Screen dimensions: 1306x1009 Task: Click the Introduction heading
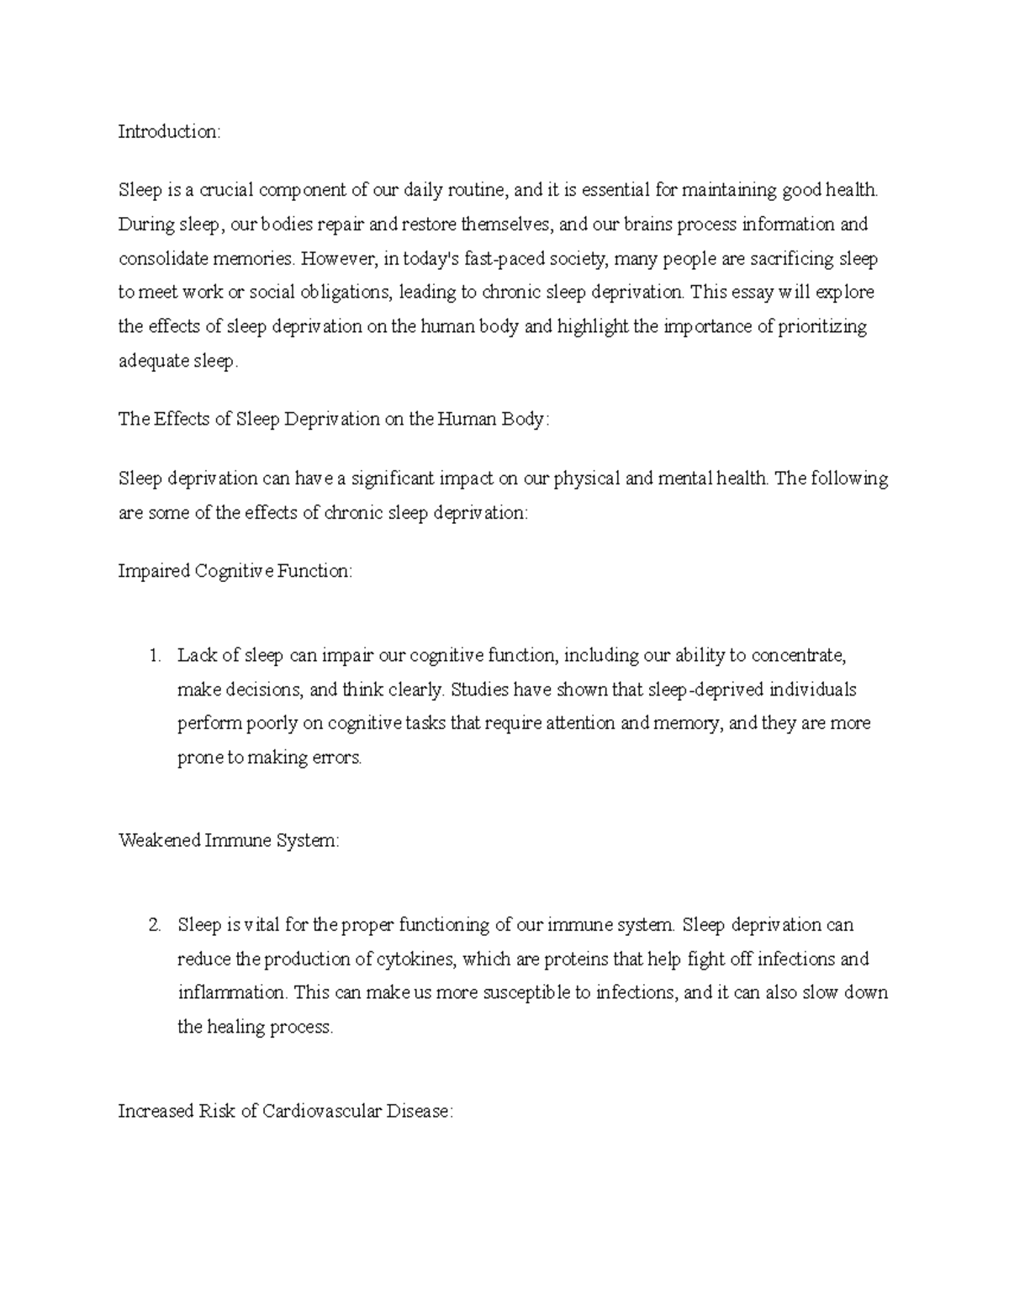click(168, 132)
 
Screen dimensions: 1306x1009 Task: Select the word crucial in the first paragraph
click(225, 190)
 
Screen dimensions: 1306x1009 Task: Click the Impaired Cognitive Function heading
click(235, 572)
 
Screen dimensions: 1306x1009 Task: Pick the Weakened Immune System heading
click(229, 841)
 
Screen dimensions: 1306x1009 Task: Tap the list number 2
click(153, 926)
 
